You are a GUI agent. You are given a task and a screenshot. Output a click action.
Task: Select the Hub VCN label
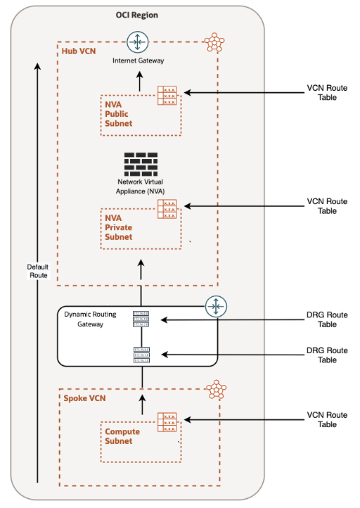pos(78,52)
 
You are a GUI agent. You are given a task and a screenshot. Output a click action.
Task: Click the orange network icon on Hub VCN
pos(213,43)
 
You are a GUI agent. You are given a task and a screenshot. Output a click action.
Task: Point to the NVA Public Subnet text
pos(117,113)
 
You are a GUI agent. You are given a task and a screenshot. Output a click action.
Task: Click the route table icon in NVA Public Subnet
pos(169,95)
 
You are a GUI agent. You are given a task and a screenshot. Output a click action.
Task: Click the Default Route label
pos(38,271)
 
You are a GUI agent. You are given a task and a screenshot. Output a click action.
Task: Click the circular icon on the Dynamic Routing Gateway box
pos(214,306)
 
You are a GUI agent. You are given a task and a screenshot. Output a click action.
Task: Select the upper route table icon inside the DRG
pos(141,319)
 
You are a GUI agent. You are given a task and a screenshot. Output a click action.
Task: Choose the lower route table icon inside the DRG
pos(141,355)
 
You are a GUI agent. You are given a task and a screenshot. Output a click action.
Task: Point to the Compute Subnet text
pos(122,436)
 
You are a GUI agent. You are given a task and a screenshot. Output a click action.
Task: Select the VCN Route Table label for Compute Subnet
pos(327,420)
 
